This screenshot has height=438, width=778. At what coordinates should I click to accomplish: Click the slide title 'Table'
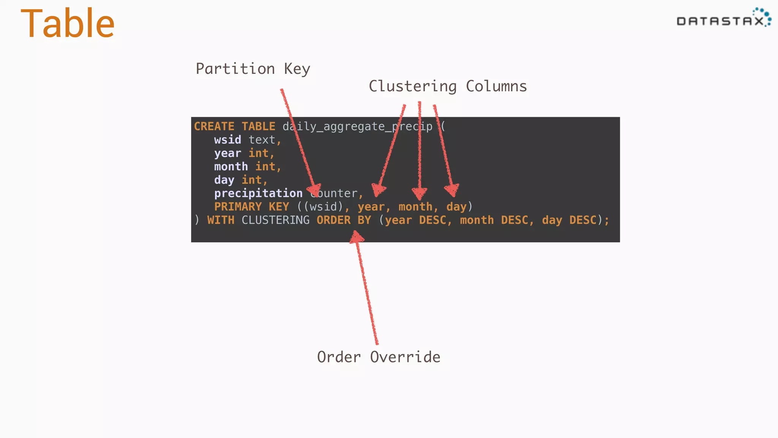tap(68, 24)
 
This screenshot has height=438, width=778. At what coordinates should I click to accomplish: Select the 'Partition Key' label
tap(253, 69)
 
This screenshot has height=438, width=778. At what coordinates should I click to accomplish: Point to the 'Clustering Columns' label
tap(448, 87)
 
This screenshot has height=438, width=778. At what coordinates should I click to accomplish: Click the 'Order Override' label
tap(379, 357)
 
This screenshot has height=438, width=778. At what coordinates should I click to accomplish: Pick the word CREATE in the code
tap(214, 127)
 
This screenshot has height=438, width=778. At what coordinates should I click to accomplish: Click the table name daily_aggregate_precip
tap(357, 127)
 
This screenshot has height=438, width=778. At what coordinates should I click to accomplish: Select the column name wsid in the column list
tap(228, 140)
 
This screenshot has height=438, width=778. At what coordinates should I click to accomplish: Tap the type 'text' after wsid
tap(262, 140)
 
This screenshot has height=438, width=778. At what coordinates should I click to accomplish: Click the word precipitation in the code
tap(258, 194)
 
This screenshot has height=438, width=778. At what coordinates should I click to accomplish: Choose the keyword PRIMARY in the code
tap(238, 207)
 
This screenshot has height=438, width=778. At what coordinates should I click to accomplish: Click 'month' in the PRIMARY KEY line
tap(415, 207)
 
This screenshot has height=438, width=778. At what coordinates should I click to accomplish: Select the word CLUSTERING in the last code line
tap(275, 220)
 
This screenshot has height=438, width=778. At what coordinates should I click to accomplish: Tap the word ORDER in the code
tap(334, 220)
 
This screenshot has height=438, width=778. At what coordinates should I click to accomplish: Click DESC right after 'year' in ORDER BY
tap(432, 220)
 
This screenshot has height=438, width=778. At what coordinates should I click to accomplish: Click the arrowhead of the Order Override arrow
tap(356, 237)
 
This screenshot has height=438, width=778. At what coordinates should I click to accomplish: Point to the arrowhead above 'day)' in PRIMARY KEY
tap(452, 190)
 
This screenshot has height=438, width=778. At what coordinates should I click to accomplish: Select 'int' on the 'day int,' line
tap(251, 180)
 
